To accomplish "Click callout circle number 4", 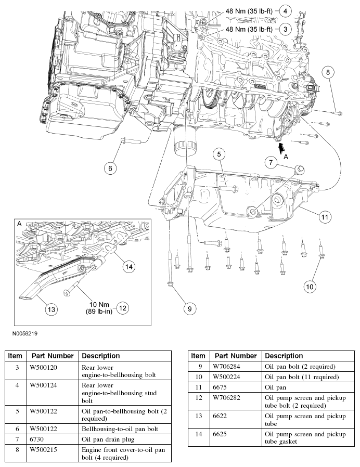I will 285,10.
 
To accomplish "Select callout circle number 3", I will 285,29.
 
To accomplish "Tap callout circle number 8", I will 327,73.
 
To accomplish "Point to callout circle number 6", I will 110,168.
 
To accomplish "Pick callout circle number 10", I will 310,286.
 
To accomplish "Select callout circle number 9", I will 189,308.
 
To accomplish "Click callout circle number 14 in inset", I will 128,266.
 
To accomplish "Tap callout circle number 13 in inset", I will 50,309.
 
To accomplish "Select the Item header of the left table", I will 15,356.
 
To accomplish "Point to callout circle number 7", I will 271,163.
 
